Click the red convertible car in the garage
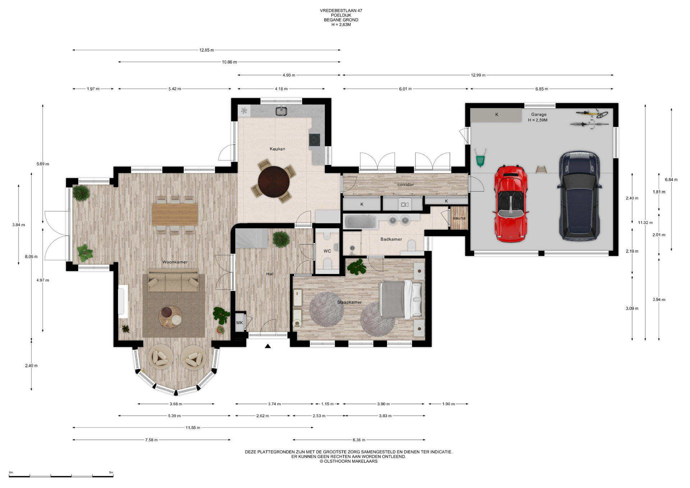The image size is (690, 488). (511, 203)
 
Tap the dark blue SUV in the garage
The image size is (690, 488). (579, 196)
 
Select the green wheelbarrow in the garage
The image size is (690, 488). (480, 158)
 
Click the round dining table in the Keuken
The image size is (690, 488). (274, 181)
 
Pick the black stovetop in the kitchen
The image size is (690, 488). (315, 140)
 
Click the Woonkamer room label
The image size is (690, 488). (175, 262)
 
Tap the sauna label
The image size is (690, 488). (459, 218)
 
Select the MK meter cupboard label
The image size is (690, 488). (240, 323)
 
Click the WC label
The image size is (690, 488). (327, 251)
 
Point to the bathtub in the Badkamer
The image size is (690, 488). (361, 221)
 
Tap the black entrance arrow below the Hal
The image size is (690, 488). (268, 346)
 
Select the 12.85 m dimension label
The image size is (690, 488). (207, 50)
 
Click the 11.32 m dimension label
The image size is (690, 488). (645, 222)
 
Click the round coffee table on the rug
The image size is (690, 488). (170, 317)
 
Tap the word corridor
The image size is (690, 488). (406, 185)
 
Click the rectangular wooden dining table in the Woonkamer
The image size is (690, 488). (175, 215)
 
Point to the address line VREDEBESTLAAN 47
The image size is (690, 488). (341, 11)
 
